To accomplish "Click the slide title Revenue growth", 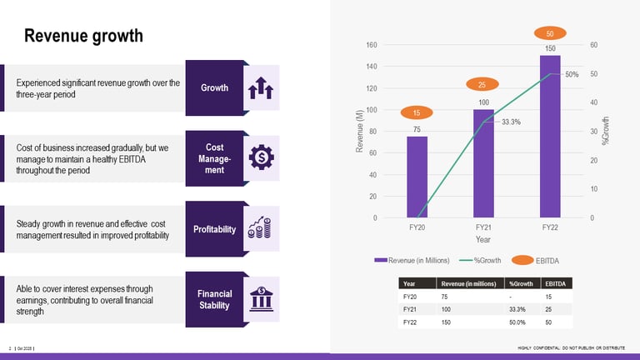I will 83,36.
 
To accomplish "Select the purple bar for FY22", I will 549,137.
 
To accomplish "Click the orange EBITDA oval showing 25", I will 482,84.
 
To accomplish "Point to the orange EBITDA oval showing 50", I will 549,33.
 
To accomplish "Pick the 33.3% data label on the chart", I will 511,122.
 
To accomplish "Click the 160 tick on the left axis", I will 371,45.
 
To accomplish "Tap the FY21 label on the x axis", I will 483,227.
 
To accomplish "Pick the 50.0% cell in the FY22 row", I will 521,321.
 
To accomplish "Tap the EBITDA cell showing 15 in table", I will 547,296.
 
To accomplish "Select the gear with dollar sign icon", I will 261,157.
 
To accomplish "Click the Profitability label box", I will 214,229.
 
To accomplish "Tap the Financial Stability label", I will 214,299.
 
